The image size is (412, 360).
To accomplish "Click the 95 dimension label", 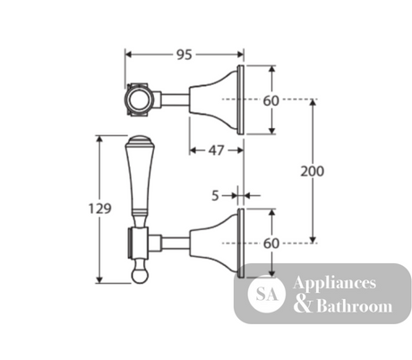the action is coord(185,55).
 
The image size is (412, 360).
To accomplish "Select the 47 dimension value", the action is coord(216,150).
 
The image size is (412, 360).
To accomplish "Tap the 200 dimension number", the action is coord(312,171).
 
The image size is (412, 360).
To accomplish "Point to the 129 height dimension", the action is coord(100,209).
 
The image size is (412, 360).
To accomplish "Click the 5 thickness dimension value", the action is coord(215,196).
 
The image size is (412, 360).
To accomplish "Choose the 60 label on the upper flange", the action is coord(271,101).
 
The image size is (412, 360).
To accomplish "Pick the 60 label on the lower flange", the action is coord(271,244).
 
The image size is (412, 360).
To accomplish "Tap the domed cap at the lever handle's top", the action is coord(140,141).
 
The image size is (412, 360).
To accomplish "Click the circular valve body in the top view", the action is coord(139,99).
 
